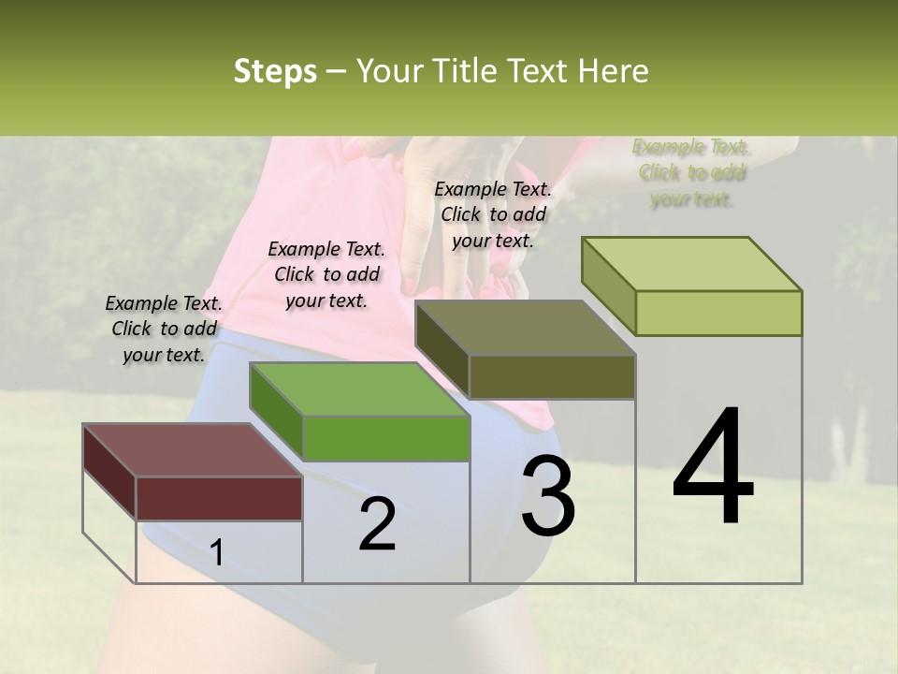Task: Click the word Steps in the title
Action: point(275,72)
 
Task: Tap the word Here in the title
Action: point(614,72)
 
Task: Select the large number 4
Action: point(714,468)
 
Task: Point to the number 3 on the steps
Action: point(547,496)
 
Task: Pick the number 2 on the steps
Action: point(377,525)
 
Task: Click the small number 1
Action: point(217,553)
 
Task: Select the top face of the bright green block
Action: point(359,388)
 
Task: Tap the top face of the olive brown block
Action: point(525,328)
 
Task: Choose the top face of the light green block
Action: point(691,263)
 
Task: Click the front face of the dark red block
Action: point(219,498)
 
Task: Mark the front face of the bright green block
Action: point(386,438)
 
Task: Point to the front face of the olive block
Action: point(552,376)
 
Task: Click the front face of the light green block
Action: point(718,313)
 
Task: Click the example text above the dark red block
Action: point(164,329)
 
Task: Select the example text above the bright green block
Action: point(326,274)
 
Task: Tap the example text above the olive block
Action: point(493,214)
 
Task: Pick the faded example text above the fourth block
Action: point(691,172)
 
